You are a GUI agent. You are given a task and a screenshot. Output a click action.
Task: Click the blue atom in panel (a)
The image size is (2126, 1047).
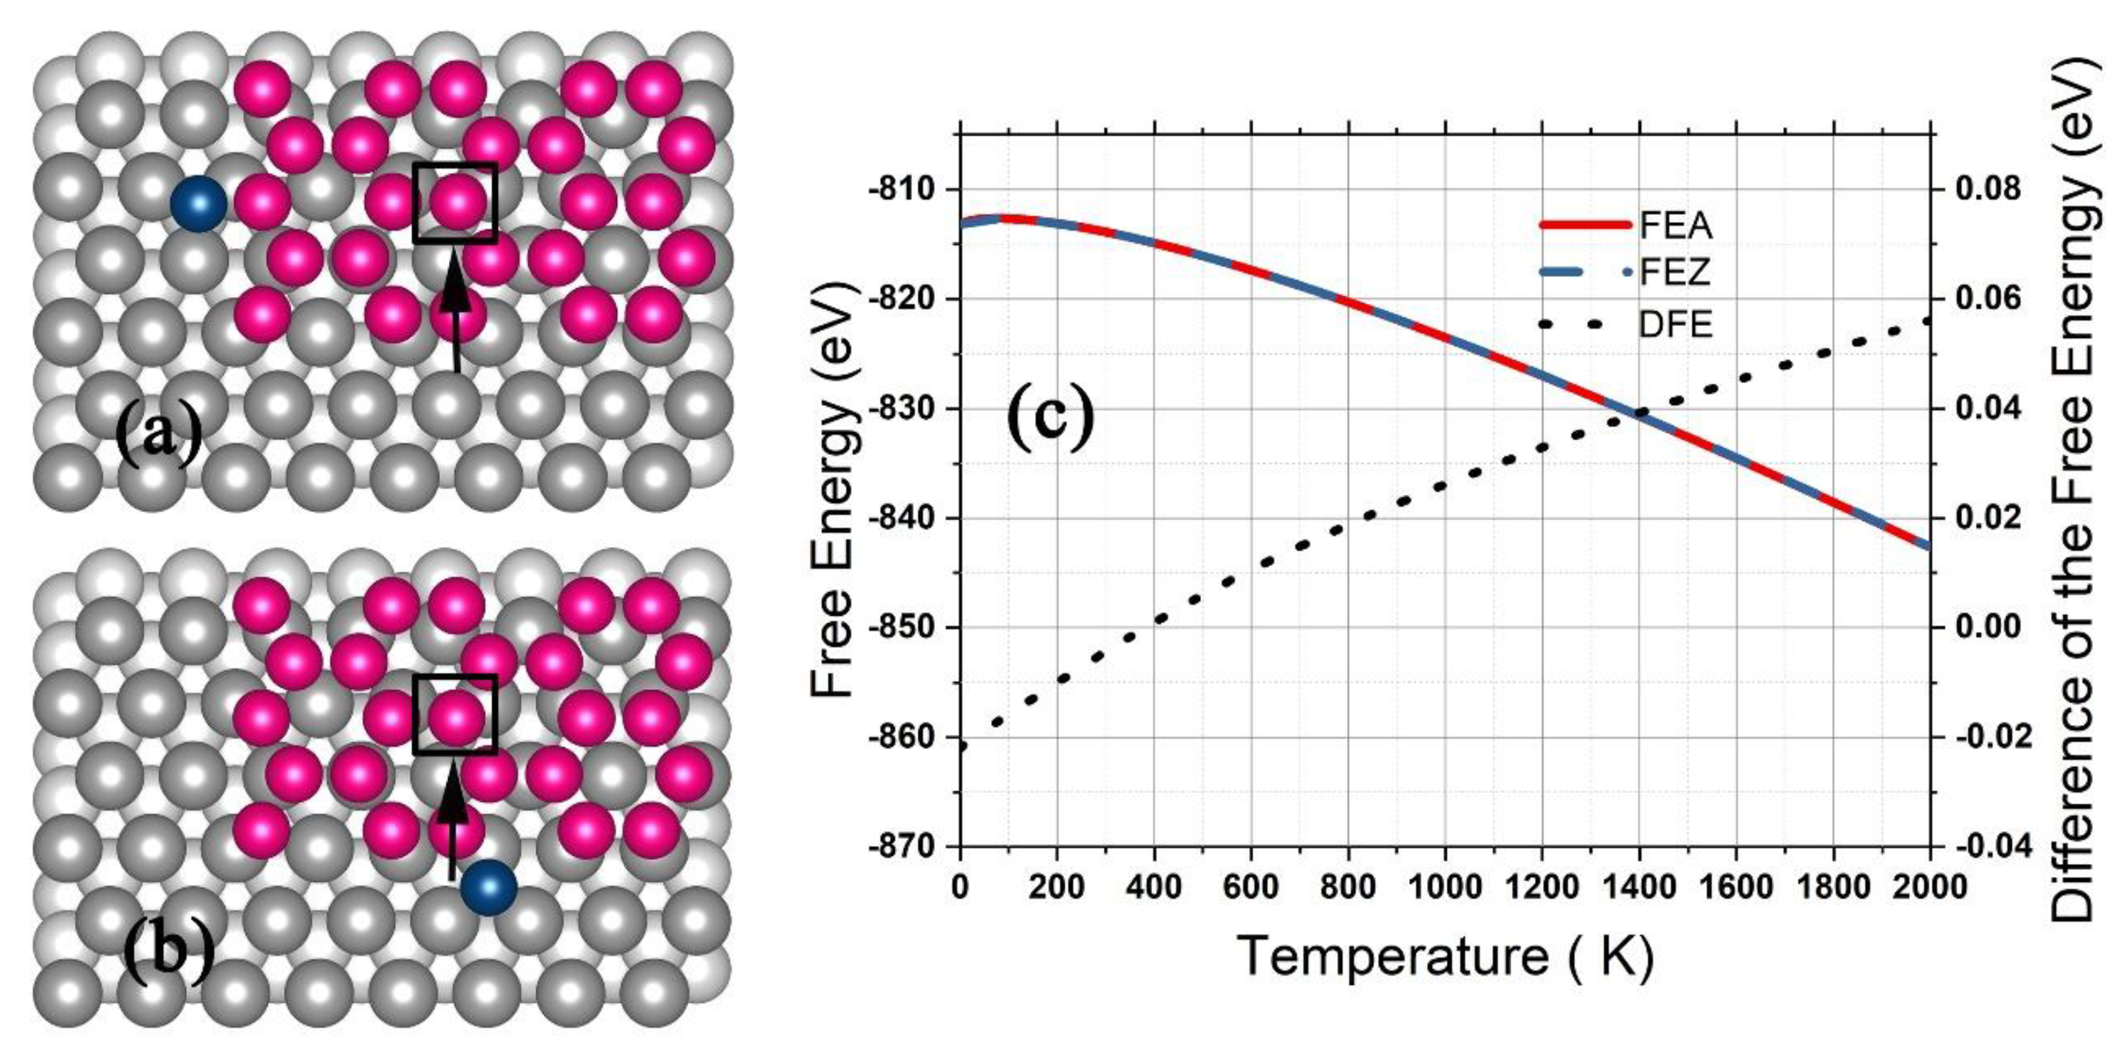[x=198, y=204]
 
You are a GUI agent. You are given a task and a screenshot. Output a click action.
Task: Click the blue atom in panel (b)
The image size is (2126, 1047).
[x=488, y=888]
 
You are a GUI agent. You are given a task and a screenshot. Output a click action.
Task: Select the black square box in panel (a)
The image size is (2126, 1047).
[x=455, y=202]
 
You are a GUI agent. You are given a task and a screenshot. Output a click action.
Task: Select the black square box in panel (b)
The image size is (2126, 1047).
[x=455, y=714]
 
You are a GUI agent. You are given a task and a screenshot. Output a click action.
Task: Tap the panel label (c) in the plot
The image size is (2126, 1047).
[x=1050, y=419]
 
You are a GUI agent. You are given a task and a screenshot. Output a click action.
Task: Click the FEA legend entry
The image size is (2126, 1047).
[x=1675, y=225]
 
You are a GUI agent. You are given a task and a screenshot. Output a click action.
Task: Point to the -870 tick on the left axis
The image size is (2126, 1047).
[x=903, y=847]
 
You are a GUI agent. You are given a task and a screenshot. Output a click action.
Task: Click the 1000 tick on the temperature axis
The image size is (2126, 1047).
[x=1444, y=888]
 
